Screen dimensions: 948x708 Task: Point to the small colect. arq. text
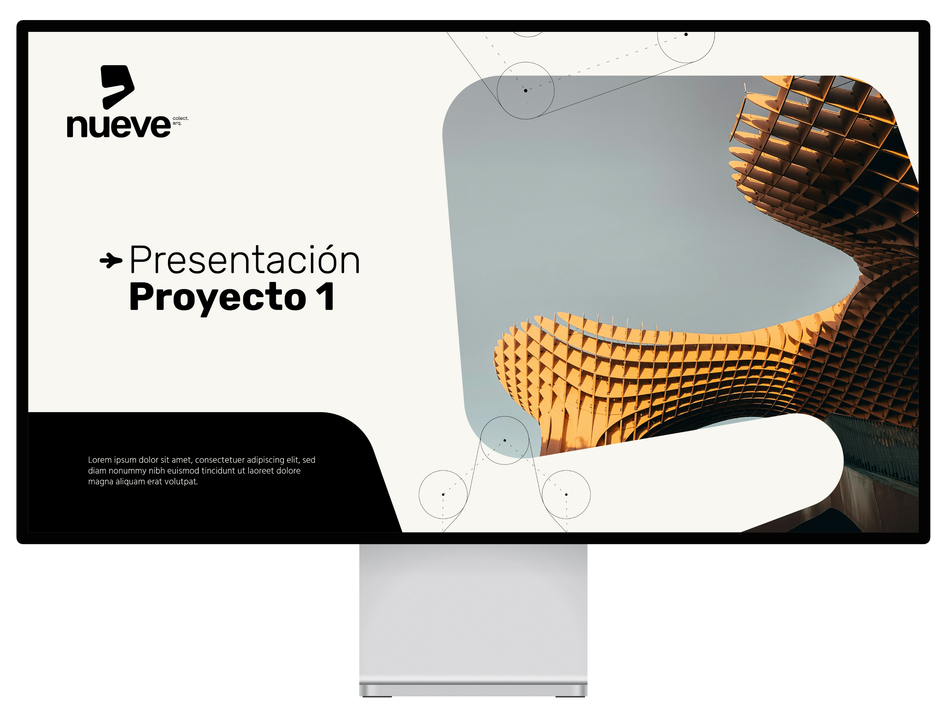pyautogui.click(x=180, y=121)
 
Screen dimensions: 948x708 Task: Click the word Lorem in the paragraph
pyautogui.click(x=100, y=460)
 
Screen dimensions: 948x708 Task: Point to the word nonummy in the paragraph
pyautogui.click(x=127, y=471)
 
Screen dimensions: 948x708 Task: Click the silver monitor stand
pyautogui.click(x=473, y=620)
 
